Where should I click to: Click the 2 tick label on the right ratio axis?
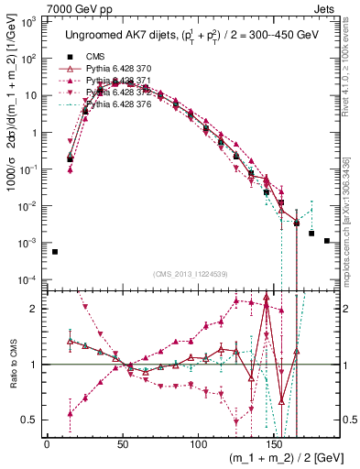[344, 309]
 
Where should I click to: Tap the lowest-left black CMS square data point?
[54, 252]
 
